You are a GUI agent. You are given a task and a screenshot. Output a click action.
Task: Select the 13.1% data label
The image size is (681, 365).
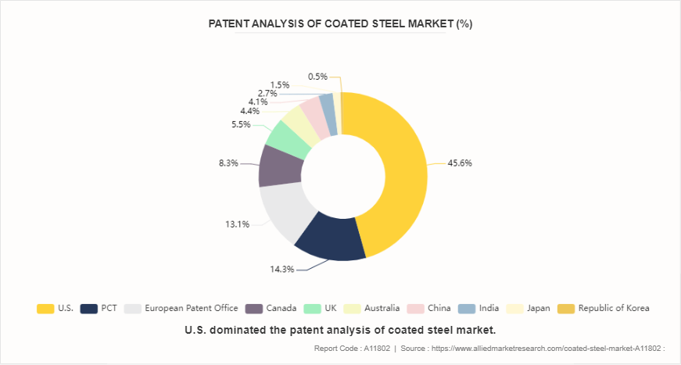point(238,224)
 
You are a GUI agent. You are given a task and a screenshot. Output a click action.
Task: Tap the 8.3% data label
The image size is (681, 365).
point(228,163)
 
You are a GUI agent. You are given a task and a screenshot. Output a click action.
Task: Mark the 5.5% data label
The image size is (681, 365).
point(241,124)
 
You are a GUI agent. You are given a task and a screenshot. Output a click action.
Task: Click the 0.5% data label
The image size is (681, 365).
point(317,77)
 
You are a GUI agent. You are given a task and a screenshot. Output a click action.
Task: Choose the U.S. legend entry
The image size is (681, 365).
point(56,308)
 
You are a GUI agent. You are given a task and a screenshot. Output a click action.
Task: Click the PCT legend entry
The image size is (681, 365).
point(99,308)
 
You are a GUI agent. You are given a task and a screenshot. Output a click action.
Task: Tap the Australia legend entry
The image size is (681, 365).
point(372,308)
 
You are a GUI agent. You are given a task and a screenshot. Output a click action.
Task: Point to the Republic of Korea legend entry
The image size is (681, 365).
point(605,308)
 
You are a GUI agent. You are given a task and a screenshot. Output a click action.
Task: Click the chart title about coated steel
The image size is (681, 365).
point(340,24)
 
